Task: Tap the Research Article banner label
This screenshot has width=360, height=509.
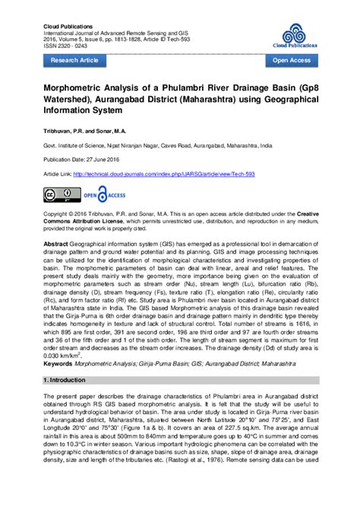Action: click(x=74, y=58)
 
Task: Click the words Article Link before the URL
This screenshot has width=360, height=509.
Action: click(x=57, y=174)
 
